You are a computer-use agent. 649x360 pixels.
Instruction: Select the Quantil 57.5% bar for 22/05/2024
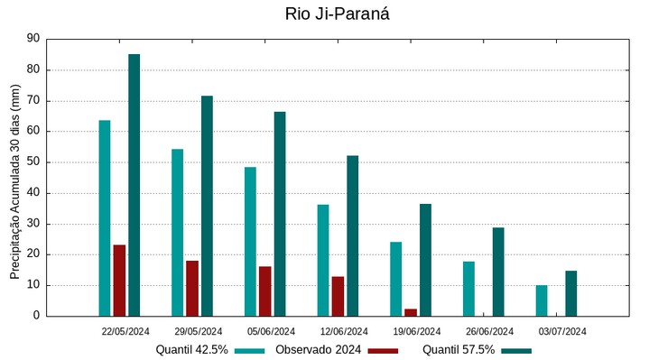tap(134, 185)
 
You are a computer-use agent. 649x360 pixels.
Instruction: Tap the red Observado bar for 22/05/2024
tap(119, 280)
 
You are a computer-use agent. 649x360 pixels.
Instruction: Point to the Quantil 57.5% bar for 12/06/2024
tap(353, 235)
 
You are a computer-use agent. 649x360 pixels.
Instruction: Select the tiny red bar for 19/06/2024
tap(411, 312)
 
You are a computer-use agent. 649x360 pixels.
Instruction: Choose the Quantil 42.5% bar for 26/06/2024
tap(468, 289)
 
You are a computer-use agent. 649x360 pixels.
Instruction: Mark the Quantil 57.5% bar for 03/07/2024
tap(571, 293)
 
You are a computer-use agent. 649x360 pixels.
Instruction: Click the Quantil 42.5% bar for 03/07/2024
tap(542, 300)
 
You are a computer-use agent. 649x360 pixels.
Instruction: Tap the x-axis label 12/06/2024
tap(344, 331)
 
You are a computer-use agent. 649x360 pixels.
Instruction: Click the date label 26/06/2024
tap(490, 331)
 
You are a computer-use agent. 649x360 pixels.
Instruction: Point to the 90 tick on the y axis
tap(33, 39)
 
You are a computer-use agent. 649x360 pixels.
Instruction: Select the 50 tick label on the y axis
tap(33, 162)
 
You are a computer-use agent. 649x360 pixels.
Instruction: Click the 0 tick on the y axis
tap(37, 316)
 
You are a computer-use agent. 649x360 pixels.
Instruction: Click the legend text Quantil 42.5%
tap(191, 350)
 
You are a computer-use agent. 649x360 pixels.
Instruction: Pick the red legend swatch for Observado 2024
tap(384, 350)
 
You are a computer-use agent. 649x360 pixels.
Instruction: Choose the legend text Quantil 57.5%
tap(459, 350)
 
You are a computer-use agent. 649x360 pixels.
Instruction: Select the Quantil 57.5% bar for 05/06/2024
tap(280, 214)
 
